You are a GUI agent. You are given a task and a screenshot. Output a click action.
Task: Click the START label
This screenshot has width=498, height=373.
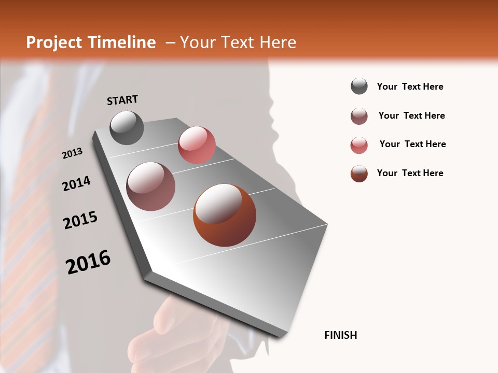click(122, 100)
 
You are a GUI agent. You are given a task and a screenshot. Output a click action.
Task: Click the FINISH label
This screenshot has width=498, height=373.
click(340, 335)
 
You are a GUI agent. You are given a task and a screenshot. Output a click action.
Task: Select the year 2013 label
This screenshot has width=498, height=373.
click(73, 153)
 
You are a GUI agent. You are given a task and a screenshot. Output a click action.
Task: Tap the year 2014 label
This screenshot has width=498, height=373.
click(76, 184)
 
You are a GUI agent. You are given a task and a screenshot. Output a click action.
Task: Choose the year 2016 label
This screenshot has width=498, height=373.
click(88, 262)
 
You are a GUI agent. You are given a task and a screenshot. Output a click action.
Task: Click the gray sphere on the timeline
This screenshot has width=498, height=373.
click(127, 127)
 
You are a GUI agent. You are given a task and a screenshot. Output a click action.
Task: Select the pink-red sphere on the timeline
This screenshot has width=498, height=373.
click(197, 145)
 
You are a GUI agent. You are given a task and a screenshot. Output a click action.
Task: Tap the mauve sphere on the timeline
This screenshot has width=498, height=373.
click(150, 187)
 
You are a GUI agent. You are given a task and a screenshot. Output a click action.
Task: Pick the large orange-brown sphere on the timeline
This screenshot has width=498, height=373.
click(225, 215)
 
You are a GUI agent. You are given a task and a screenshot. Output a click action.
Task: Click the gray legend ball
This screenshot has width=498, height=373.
click(359, 87)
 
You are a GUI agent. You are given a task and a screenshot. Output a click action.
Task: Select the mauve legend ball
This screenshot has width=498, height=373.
click(359, 116)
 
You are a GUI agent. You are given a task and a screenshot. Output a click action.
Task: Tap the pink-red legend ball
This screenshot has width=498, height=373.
click(359, 145)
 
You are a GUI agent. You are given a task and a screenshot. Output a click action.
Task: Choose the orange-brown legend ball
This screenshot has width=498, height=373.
click(359, 174)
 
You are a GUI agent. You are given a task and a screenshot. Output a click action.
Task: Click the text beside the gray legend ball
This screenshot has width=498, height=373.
click(410, 87)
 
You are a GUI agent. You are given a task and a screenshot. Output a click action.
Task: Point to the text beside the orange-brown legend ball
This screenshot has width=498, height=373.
click(410, 173)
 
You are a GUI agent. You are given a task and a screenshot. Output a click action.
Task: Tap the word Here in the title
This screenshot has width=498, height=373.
click(278, 42)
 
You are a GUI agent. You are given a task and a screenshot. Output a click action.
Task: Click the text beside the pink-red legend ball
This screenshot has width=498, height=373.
click(412, 144)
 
